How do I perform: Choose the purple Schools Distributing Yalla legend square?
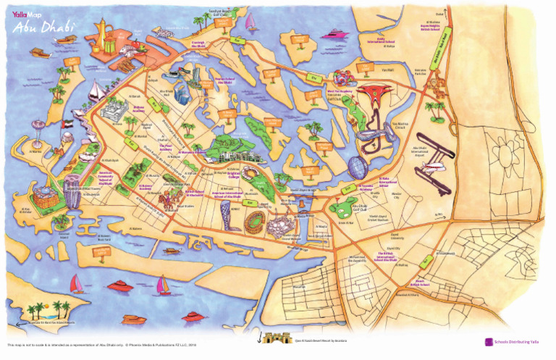click(489, 342)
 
